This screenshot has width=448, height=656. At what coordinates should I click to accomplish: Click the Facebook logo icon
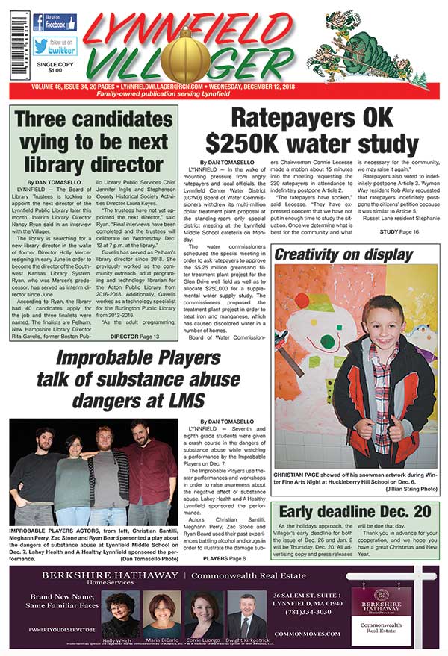click(x=40, y=22)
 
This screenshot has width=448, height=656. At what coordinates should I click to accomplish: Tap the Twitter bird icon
click(x=40, y=46)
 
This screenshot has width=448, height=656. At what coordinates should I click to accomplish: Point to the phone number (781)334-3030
click(x=304, y=612)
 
